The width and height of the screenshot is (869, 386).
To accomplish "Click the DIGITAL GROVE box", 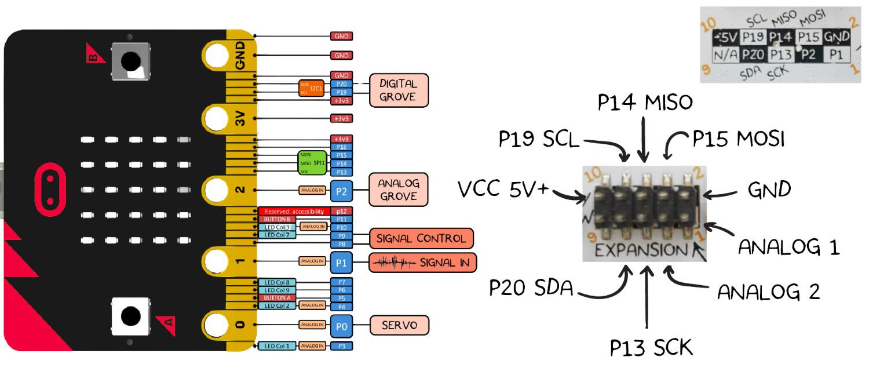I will [x=399, y=90].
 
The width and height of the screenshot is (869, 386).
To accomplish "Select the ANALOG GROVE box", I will [x=398, y=190].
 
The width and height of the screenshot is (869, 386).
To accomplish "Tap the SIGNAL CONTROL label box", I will [x=421, y=239].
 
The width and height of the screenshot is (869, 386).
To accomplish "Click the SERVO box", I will [x=399, y=325].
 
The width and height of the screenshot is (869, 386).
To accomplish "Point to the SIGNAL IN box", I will [x=422, y=263].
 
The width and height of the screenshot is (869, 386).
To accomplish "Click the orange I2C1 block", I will [x=311, y=88].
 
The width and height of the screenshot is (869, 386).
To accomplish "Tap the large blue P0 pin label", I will [x=341, y=326].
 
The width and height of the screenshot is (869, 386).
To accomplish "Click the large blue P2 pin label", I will [x=341, y=190].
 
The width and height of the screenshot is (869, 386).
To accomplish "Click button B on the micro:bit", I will [x=130, y=60].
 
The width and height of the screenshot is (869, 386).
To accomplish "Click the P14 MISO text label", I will [x=645, y=103].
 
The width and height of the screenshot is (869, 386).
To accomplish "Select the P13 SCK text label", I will [x=651, y=347].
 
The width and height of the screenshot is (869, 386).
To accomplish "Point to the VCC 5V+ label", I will [x=502, y=189].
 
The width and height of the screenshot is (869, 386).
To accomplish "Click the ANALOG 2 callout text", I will [x=768, y=292].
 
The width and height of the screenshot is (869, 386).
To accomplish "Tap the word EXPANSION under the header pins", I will [x=638, y=250].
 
